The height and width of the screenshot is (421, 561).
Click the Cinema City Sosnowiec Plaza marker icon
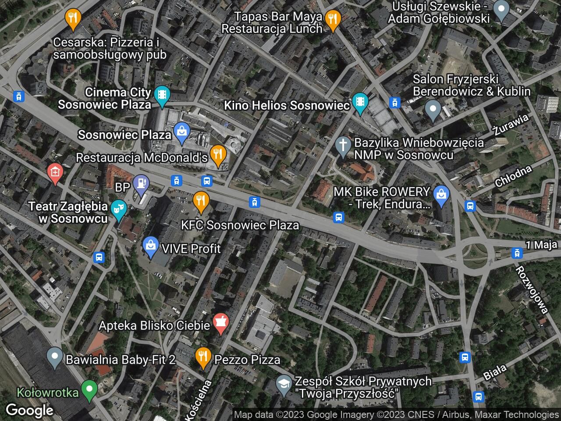[162, 95]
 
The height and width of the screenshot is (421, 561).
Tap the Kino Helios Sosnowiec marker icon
[360, 102]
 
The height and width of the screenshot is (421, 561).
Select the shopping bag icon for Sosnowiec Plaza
[180, 131]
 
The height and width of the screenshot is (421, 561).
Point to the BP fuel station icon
[141, 181]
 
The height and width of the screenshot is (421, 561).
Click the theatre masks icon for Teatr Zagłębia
[117, 208]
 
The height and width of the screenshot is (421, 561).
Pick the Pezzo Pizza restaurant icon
[202, 357]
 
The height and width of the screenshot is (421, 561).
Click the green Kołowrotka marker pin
[89, 389]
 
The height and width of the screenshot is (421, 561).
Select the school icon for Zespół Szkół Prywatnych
[284, 384]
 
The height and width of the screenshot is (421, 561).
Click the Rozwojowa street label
[532, 289]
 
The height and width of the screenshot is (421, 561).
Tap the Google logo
[29, 410]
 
